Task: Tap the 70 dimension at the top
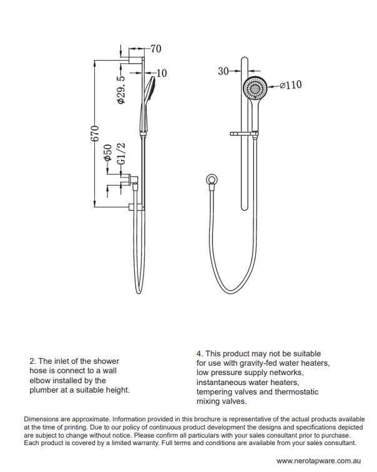[155, 48]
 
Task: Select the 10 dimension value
[162, 73]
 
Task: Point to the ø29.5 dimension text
[122, 90]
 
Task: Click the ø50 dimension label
[108, 153]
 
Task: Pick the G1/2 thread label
[122, 154]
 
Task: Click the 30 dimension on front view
[223, 71]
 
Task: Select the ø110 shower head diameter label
[290, 85]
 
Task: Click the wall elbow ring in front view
[213, 181]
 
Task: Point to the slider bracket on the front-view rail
[245, 134]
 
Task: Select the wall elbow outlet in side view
[132, 181]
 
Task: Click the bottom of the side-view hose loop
[139, 292]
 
